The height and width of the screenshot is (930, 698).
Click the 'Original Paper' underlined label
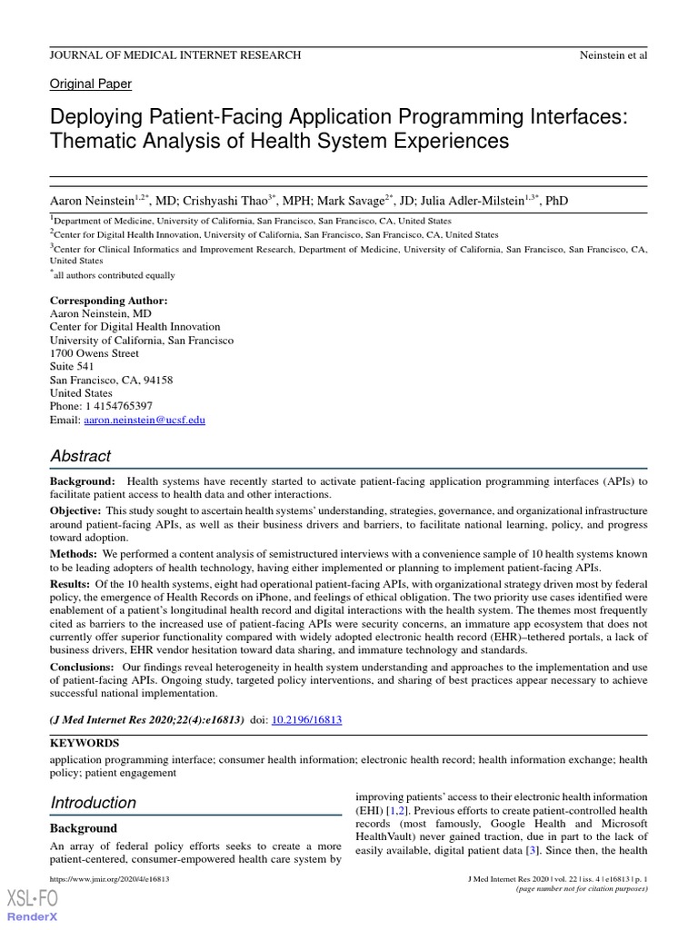point(90,84)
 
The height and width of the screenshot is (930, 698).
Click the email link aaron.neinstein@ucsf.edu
point(145,420)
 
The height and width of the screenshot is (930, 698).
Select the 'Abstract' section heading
point(81,456)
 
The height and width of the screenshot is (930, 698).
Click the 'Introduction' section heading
point(93,802)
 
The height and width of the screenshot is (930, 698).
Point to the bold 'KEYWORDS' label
point(84,743)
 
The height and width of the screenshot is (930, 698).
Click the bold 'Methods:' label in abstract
point(74,553)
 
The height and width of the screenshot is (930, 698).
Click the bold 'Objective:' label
point(76,511)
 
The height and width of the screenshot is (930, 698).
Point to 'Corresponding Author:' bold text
point(108,301)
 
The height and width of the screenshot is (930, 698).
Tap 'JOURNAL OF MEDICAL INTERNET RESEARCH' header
point(175,55)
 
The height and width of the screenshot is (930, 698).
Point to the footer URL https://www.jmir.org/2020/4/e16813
point(109,880)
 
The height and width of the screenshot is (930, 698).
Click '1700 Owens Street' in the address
point(95,353)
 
